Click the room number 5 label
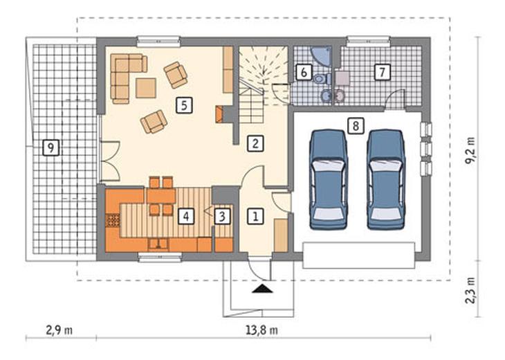(184, 105)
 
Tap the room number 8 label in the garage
(356, 126)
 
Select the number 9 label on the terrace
(51, 148)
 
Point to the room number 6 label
(304, 73)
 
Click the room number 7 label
(383, 72)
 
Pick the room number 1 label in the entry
(255, 216)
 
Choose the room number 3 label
(222, 216)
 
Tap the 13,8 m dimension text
(262, 330)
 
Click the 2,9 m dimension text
(59, 330)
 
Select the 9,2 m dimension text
(471, 151)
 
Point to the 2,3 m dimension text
(471, 290)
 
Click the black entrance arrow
(262, 289)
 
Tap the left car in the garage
(329, 179)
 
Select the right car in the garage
(386, 179)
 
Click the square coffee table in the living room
(146, 88)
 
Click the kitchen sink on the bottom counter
(158, 244)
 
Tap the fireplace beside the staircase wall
(219, 114)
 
